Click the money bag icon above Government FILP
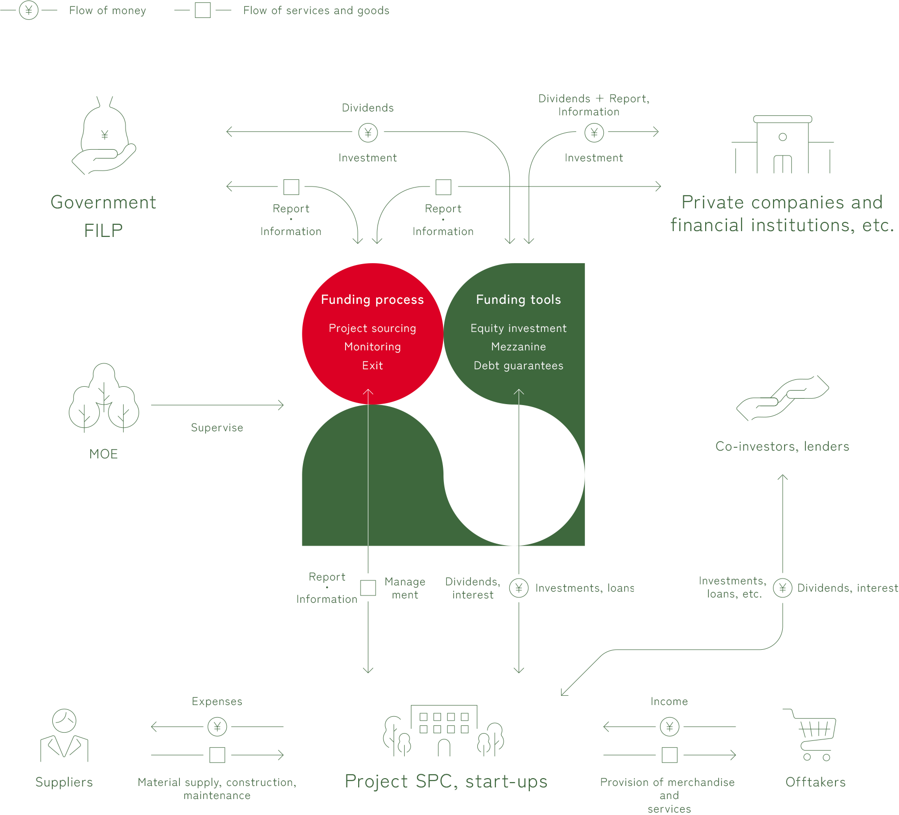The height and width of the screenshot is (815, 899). click(104, 135)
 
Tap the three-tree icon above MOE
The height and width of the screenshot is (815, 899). click(104, 397)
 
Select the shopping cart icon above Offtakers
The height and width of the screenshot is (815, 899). click(810, 735)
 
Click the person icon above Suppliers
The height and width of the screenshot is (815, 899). click(64, 735)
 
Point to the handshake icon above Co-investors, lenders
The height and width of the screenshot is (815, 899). click(783, 398)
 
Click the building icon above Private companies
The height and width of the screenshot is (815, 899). click(783, 144)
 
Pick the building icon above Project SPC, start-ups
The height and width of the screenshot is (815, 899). click(444, 731)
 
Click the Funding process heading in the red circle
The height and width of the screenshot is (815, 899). click(372, 300)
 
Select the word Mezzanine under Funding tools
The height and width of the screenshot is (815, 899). click(519, 347)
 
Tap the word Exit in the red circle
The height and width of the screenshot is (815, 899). click(372, 366)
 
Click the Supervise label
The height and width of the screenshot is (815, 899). click(217, 428)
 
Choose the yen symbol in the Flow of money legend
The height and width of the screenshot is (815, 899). click(29, 10)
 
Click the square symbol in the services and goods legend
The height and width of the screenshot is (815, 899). click(203, 10)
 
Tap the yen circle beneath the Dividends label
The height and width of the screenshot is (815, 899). click(368, 132)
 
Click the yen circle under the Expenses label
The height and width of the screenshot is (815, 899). click(217, 727)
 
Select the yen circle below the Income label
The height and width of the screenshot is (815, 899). click(670, 727)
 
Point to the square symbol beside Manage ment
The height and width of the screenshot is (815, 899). click(368, 588)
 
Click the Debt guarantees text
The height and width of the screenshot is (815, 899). click(519, 366)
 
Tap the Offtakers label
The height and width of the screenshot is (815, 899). click(816, 782)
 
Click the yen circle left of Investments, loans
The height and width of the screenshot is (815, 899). click(519, 588)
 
